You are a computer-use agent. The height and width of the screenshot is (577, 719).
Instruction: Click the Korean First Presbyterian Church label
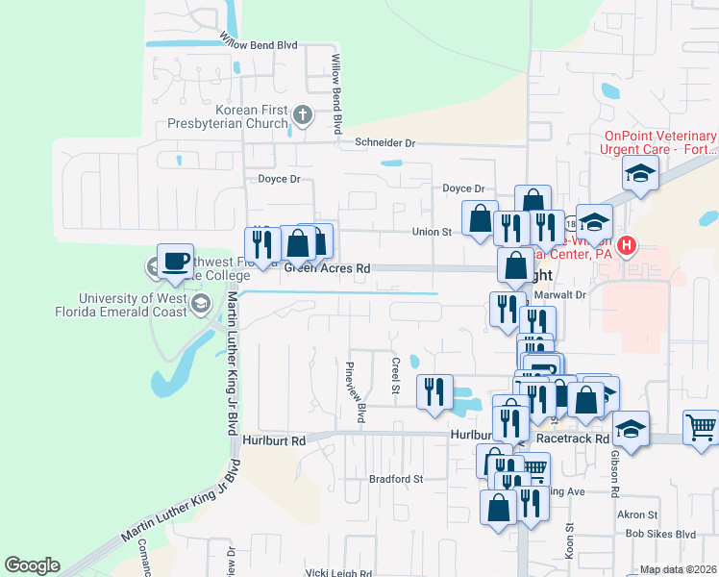(x=252, y=116)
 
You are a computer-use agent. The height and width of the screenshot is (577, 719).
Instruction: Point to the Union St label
(x=432, y=232)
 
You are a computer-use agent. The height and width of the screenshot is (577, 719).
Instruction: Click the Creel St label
(x=395, y=375)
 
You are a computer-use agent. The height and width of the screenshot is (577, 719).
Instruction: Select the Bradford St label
(x=396, y=478)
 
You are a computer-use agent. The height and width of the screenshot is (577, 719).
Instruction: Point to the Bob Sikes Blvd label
(x=659, y=534)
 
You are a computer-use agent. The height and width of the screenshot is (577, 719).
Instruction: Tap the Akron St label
(x=637, y=514)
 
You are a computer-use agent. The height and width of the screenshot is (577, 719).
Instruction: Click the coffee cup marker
(x=174, y=261)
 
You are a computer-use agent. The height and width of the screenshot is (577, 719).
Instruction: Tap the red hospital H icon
(x=627, y=246)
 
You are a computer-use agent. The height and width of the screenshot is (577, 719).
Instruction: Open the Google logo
(x=32, y=565)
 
